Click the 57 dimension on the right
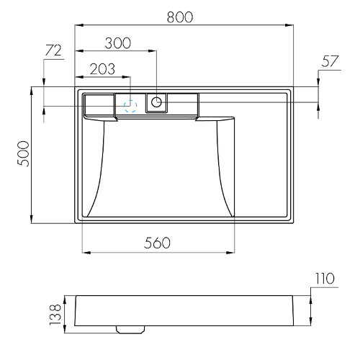[330, 63]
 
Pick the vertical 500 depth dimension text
[22, 154]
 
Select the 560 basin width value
[157, 243]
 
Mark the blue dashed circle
[130, 105]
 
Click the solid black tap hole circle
[156, 102]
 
